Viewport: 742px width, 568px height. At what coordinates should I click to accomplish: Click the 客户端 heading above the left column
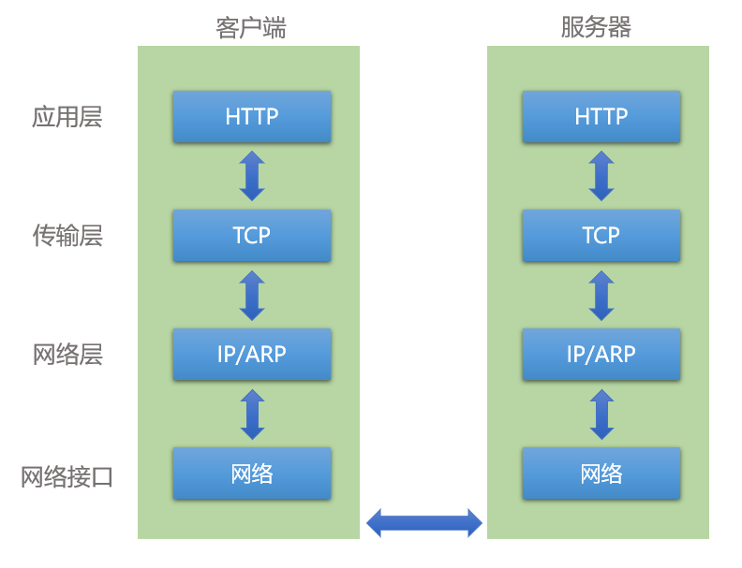[250, 27]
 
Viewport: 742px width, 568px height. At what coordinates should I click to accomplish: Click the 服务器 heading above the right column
[597, 27]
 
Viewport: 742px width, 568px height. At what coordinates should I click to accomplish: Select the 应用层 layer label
[67, 117]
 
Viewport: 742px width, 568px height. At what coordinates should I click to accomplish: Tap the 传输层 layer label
[67, 236]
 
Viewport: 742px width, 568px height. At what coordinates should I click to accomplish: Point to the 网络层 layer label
[67, 355]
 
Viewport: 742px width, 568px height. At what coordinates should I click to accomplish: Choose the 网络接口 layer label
[67, 476]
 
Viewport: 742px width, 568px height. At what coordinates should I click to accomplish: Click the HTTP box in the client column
[252, 116]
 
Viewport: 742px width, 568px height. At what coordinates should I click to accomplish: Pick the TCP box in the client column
[252, 235]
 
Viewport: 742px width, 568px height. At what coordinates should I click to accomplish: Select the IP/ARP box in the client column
[252, 354]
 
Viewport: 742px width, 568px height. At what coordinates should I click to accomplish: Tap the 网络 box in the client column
[252, 473]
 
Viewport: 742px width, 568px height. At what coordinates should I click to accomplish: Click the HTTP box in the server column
[601, 116]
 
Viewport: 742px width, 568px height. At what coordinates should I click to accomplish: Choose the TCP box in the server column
[601, 235]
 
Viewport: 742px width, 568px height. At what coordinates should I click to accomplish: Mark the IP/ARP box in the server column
[601, 354]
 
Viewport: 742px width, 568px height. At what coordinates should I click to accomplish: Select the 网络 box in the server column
[601, 473]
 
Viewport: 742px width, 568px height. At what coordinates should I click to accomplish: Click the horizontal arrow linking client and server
[423, 522]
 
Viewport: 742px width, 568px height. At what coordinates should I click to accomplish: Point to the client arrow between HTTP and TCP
[252, 176]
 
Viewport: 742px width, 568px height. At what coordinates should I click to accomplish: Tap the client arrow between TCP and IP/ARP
[252, 295]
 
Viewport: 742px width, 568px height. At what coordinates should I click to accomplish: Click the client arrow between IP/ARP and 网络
[252, 414]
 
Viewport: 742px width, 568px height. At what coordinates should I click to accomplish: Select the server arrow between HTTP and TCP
[601, 176]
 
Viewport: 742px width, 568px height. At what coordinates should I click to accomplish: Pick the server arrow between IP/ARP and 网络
[601, 414]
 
